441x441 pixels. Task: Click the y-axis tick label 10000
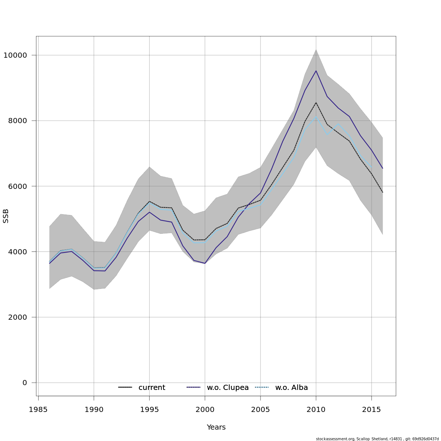(x=15, y=55)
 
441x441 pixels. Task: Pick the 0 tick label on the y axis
(x=25, y=383)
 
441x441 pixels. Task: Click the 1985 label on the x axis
(x=38, y=410)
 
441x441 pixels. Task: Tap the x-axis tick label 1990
(x=94, y=410)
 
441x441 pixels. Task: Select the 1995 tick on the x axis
(x=149, y=410)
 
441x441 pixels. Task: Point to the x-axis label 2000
(x=205, y=410)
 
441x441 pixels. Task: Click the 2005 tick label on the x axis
(x=260, y=410)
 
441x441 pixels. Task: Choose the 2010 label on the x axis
(x=316, y=410)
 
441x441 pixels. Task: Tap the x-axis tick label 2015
(x=371, y=410)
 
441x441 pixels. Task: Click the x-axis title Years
(x=216, y=427)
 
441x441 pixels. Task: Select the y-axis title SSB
(x=6, y=216)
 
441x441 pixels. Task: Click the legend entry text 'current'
(x=152, y=388)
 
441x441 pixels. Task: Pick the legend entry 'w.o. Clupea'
(x=228, y=388)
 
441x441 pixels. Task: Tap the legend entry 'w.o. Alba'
(x=291, y=388)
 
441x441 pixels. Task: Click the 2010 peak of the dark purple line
(x=316, y=71)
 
